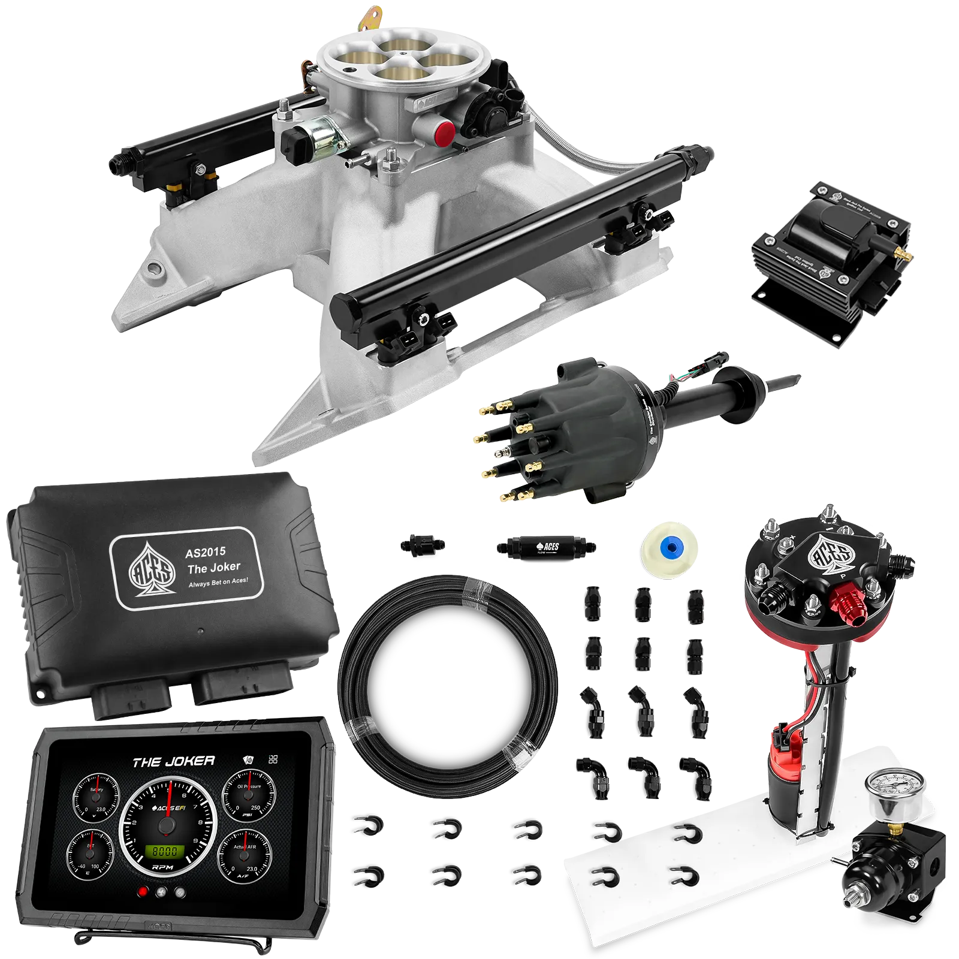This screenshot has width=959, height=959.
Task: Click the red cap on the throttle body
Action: [444, 132]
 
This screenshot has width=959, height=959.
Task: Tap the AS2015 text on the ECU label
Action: [206, 551]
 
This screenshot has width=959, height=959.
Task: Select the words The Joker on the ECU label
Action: [214, 568]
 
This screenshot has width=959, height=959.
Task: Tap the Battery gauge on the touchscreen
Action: [96, 797]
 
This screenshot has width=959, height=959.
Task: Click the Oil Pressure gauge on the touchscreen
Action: [249, 795]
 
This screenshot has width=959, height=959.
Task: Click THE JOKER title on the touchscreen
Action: [174, 762]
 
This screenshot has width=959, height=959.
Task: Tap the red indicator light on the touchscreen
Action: [143, 892]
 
